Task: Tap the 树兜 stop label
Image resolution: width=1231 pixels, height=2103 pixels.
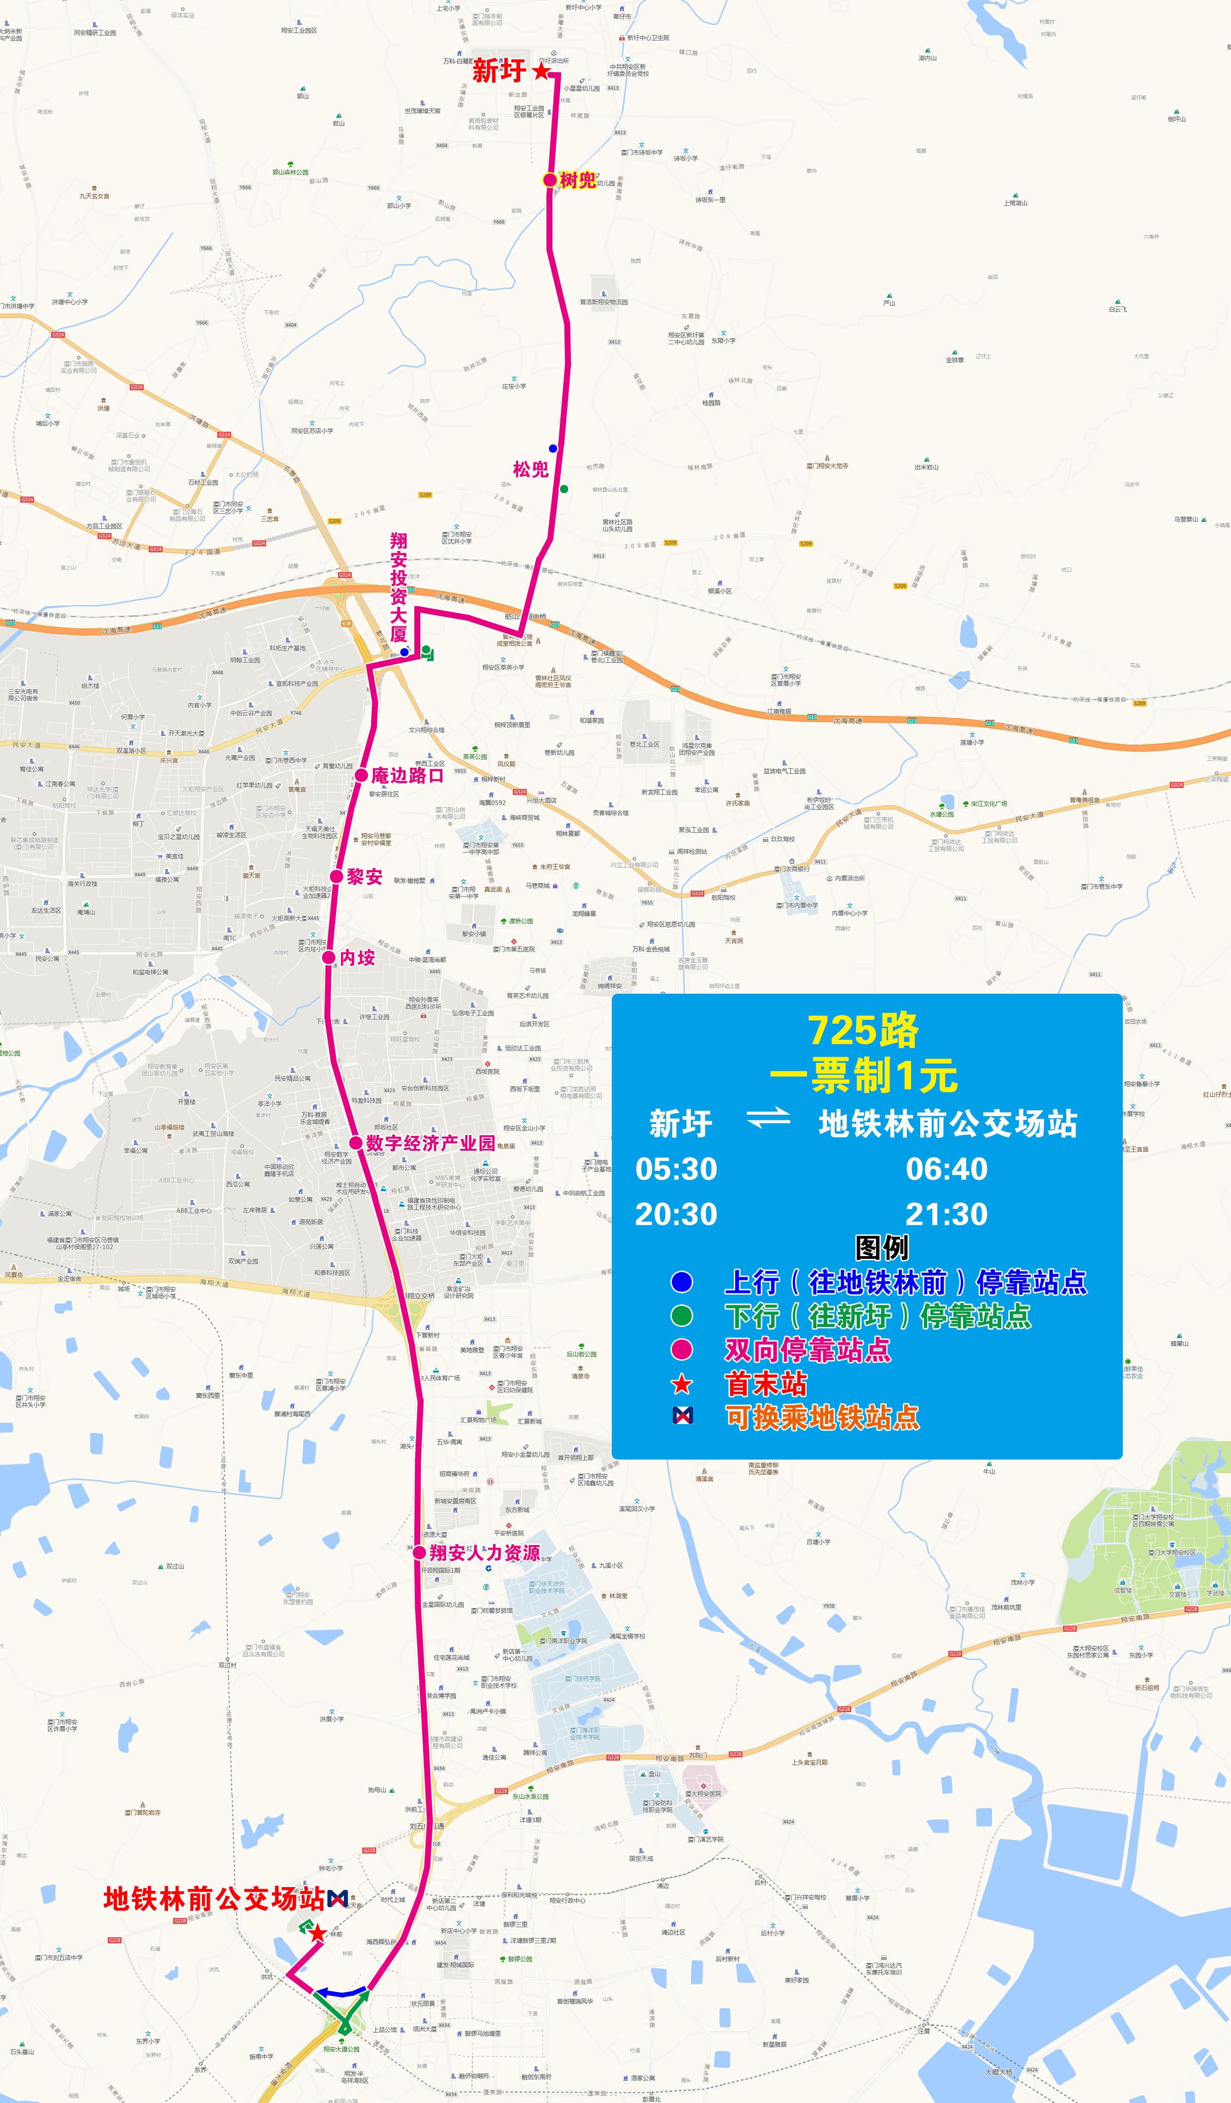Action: point(578,180)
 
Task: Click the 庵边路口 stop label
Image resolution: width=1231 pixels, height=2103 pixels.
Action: point(407,775)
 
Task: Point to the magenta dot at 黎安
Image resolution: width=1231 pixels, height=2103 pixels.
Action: point(336,876)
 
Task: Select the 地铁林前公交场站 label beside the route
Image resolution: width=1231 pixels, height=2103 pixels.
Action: point(214,1899)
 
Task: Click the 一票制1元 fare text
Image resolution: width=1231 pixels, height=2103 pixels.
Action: point(864,1076)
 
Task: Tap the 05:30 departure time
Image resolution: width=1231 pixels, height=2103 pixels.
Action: point(676,1168)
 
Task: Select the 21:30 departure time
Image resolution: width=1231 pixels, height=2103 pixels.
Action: point(946,1214)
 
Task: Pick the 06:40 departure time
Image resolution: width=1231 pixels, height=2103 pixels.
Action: point(946,1168)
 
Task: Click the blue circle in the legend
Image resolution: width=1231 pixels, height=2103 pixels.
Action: point(682,1282)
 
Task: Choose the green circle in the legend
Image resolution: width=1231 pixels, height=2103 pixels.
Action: point(682,1316)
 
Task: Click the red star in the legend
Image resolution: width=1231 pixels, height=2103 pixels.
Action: point(682,1385)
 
